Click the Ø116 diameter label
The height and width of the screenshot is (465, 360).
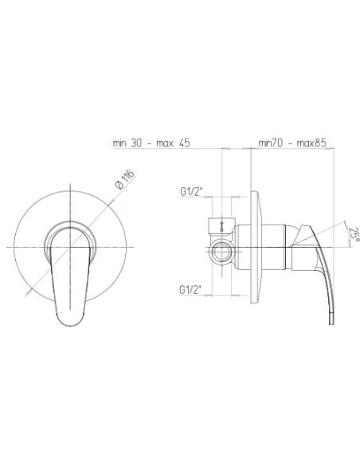pos(123,179)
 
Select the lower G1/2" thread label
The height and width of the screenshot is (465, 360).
pos(192,288)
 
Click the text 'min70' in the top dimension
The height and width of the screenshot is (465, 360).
pos(272,144)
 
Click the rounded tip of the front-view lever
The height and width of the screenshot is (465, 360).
pos(71,318)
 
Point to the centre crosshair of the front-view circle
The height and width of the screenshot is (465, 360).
pos(72,244)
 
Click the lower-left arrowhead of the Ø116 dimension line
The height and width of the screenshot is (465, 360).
pos(29,295)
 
